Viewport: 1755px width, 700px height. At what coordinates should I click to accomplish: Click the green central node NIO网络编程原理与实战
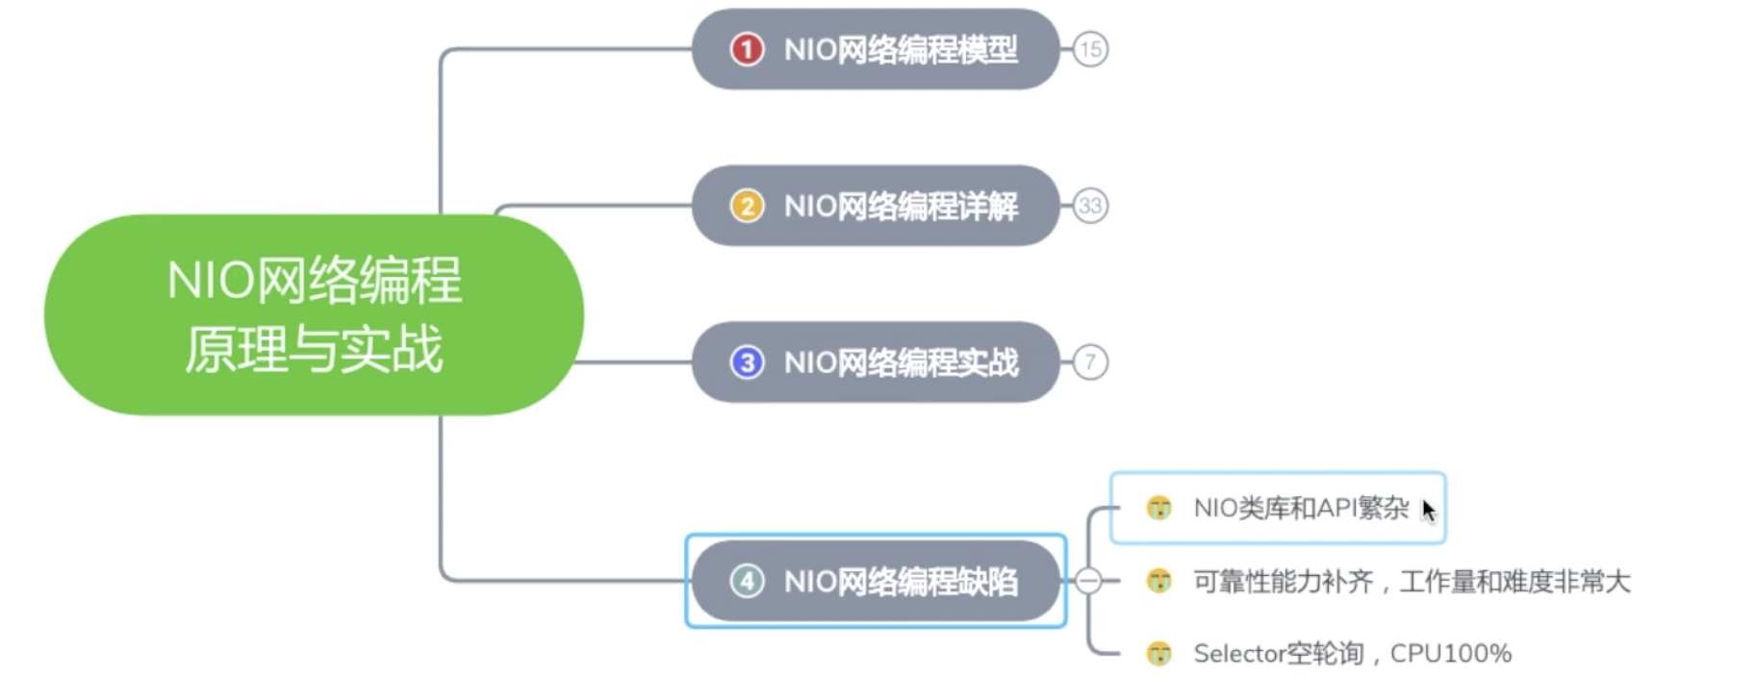coord(314,314)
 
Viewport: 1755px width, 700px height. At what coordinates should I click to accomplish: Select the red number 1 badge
coord(747,49)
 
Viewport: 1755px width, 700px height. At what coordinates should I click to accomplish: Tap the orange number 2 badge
coord(747,206)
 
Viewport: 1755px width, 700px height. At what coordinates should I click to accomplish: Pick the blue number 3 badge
coord(747,362)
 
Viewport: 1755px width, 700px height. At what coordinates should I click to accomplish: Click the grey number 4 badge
coord(747,581)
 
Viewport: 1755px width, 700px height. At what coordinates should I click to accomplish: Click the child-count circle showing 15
coord(1090,49)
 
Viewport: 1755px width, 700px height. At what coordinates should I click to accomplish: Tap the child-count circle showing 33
coord(1090,206)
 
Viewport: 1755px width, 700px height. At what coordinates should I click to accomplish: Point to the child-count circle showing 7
coord(1090,362)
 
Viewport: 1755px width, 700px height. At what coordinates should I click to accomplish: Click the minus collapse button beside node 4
coord(1088,581)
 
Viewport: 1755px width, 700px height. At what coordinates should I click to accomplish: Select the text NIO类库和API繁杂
coord(1301,508)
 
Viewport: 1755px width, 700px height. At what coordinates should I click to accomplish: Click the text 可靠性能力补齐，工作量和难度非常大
coord(1412,582)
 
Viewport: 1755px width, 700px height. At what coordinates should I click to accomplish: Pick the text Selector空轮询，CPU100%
coord(1352,654)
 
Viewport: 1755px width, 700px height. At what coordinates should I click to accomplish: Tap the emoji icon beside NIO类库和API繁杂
coord(1159,508)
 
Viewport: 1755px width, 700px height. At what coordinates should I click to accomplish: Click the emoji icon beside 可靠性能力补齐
coord(1159,581)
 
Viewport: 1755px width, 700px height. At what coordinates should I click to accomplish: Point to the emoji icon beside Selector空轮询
coord(1159,654)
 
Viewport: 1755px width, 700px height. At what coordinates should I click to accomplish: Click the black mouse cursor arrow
coord(1429,511)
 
